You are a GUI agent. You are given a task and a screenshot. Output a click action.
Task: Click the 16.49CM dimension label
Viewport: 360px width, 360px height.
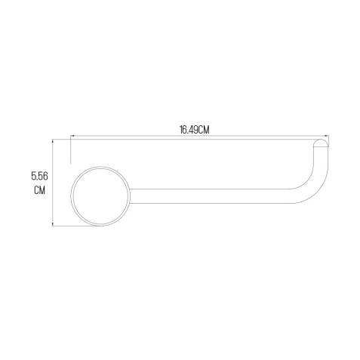pyautogui.click(x=194, y=130)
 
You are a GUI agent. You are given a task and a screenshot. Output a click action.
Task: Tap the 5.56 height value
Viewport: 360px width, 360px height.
pyautogui.click(x=39, y=176)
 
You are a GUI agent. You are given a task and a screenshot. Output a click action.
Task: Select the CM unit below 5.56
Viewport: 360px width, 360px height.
pyautogui.click(x=39, y=190)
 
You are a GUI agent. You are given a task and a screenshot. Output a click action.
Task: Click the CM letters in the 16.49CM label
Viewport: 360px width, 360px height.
pyautogui.click(x=203, y=130)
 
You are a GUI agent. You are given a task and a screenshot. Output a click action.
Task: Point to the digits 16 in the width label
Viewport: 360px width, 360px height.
pyautogui.click(x=183, y=130)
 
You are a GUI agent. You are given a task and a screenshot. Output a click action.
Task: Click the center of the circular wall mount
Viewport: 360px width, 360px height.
pyautogui.click(x=100, y=196)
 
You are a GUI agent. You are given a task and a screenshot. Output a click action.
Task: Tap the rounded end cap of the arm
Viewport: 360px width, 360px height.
pyautogui.click(x=321, y=142)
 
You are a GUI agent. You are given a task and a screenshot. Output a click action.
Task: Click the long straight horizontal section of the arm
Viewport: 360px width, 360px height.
pyautogui.click(x=211, y=196)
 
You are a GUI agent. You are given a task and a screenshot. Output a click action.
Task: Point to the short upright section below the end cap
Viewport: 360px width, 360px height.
pyautogui.click(x=321, y=156)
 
